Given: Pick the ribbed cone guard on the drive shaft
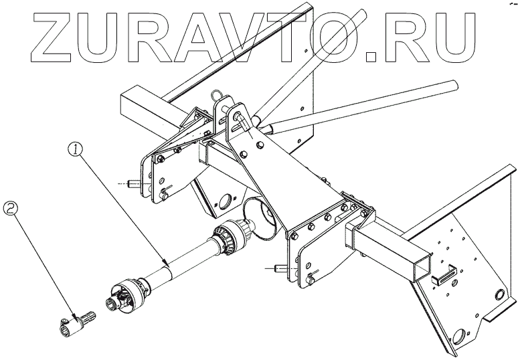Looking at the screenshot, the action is (228, 239).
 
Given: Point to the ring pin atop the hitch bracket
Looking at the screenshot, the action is (216, 96).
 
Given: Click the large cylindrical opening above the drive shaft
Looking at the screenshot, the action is (260, 217).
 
